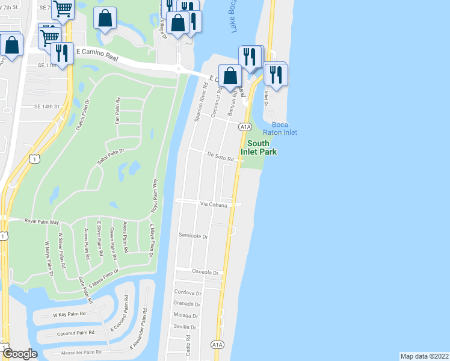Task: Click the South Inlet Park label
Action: click(x=262, y=147)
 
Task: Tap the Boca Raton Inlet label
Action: click(x=280, y=128)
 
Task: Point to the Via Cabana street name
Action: click(x=214, y=205)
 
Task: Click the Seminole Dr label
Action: click(x=193, y=236)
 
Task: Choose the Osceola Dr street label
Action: click(x=205, y=272)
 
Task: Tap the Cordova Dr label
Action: click(x=186, y=292)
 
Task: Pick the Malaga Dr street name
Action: click(x=186, y=315)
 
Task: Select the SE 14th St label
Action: click(x=49, y=106)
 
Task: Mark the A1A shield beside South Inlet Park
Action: click(x=244, y=127)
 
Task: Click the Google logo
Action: click(x=20, y=354)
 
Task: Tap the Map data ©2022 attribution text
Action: click(x=424, y=356)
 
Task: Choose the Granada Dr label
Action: click(x=186, y=304)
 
